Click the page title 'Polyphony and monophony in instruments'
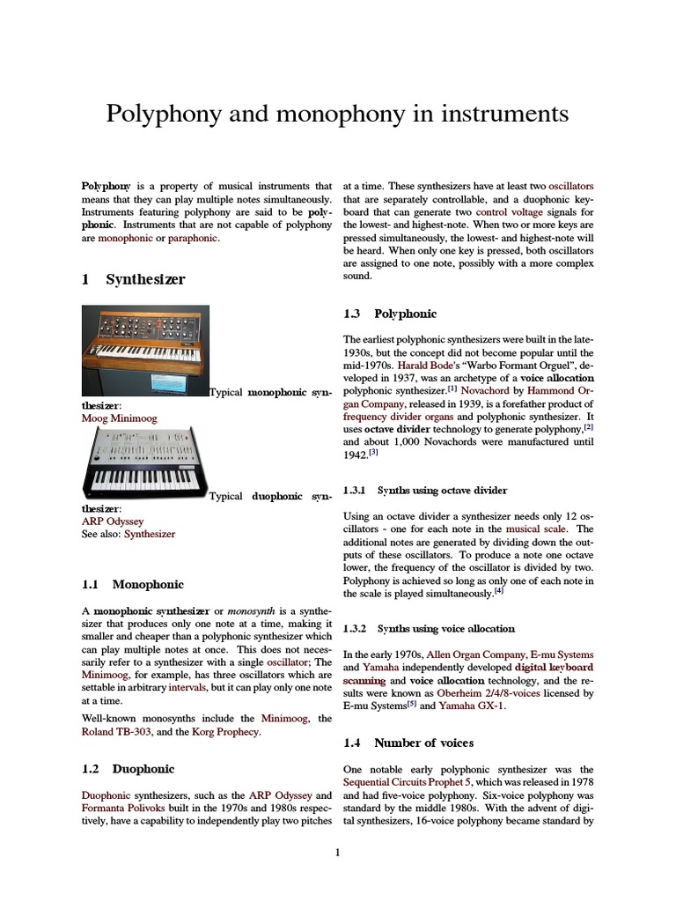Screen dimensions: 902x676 (x=337, y=115)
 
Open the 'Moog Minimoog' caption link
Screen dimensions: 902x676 (x=119, y=418)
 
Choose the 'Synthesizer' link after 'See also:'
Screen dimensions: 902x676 (x=150, y=534)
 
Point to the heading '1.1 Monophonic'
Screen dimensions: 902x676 (x=133, y=584)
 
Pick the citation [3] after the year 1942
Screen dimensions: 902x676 (x=373, y=453)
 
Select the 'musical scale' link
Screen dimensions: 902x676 (x=534, y=529)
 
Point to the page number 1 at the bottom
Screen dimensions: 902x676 (x=337, y=852)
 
